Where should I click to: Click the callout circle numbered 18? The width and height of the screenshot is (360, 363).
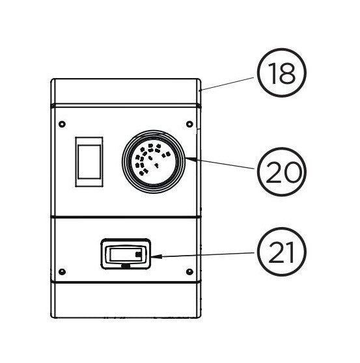tap(281, 72)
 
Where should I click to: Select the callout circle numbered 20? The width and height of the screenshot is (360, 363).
tap(281, 172)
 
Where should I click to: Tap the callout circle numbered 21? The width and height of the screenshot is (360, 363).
tap(281, 252)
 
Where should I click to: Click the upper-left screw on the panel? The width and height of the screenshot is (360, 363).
tap(62, 124)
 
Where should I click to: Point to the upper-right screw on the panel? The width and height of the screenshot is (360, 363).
tap(189, 124)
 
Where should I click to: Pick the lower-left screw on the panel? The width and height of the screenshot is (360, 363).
tap(62, 271)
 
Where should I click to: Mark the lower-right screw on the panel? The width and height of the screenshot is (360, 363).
tap(189, 271)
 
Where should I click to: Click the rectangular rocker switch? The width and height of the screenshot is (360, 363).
tap(89, 161)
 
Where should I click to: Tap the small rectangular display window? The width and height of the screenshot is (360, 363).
tap(126, 254)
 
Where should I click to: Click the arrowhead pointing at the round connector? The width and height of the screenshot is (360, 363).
tap(191, 159)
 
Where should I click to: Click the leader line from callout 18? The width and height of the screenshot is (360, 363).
tap(227, 83)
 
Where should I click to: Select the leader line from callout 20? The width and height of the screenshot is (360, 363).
tap(220, 163)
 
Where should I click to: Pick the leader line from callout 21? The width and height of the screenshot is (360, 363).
tap(202, 254)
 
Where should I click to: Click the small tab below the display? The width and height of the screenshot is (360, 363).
tap(126, 266)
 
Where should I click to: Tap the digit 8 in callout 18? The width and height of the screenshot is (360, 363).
tap(288, 73)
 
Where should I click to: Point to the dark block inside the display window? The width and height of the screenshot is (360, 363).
tap(138, 254)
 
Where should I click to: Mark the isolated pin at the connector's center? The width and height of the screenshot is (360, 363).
tap(156, 165)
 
